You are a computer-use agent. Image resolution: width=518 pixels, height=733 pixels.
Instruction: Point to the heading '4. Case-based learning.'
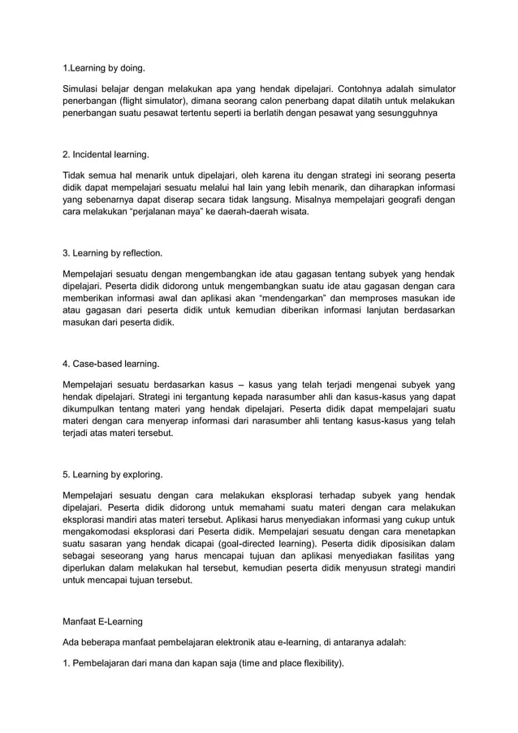111,362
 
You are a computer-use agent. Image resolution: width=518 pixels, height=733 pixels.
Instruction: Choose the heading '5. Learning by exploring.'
113,474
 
